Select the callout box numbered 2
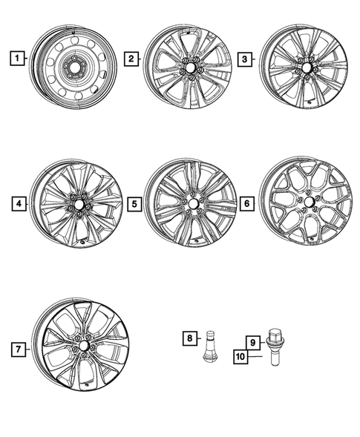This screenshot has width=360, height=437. (x=131, y=58)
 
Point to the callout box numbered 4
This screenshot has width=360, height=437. (x=16, y=202)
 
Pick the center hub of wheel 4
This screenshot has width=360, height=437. (x=76, y=203)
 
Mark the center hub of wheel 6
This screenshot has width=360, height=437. (x=307, y=201)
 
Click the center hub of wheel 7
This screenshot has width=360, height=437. (x=83, y=346)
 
